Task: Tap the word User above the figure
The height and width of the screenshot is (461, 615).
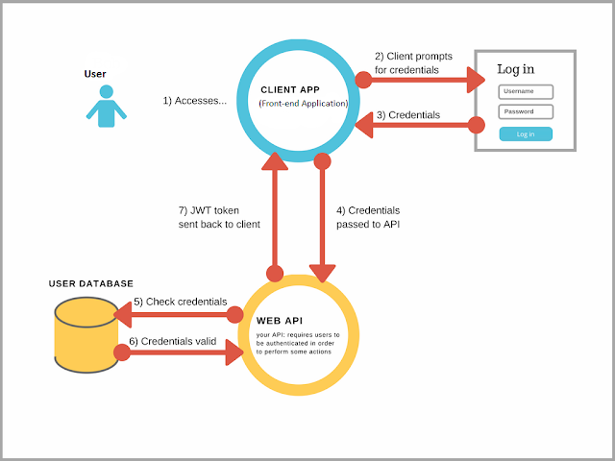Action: (94, 73)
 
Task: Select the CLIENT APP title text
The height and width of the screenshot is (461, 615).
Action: (289, 89)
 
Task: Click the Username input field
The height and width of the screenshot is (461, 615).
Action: (526, 92)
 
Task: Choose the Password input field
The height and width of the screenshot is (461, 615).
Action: (526, 112)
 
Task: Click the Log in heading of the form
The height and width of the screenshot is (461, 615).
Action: (516, 69)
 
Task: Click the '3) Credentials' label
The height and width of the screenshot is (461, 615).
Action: (407, 115)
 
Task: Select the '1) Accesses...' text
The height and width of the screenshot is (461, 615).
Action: (194, 100)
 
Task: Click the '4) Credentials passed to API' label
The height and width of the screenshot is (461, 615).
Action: (368, 217)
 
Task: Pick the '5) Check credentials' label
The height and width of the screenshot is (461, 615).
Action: (180, 302)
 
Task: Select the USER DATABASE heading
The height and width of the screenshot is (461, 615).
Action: (91, 283)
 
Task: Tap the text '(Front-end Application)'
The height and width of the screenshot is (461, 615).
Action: (303, 103)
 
